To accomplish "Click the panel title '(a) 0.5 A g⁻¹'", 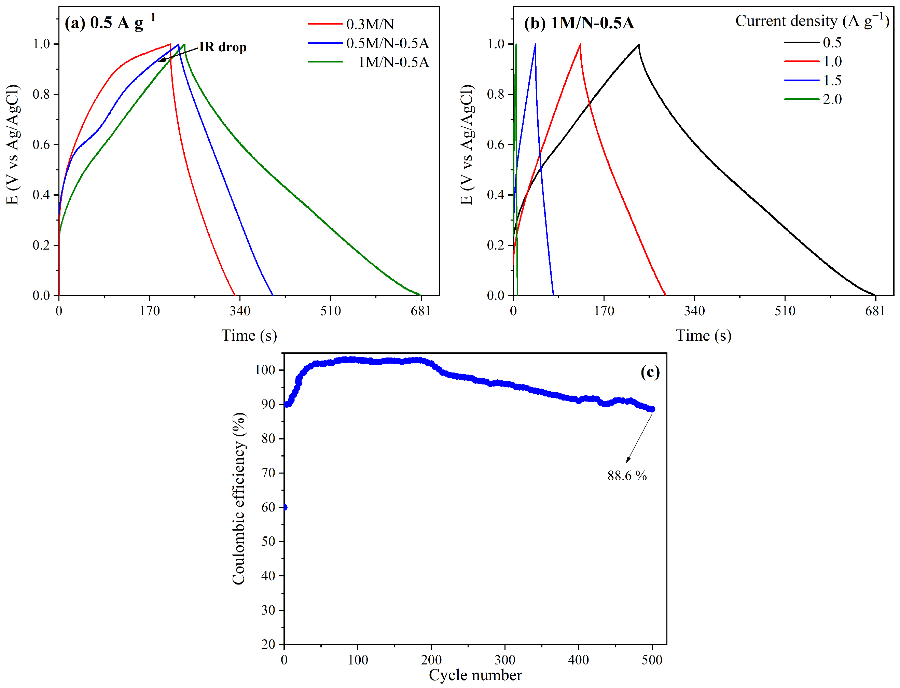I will tap(110, 23).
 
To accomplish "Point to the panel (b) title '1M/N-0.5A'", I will tap(579, 23).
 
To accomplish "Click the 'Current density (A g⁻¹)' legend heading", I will tap(812, 20).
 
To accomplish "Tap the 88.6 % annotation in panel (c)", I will tap(627, 476).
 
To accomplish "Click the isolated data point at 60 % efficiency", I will tap(285, 507).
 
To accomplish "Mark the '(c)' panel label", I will tap(650, 372).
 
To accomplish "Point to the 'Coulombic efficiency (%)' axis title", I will tap(239, 499).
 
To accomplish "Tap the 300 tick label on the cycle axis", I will tap(505, 660).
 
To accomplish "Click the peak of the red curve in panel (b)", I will tap(580, 44).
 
